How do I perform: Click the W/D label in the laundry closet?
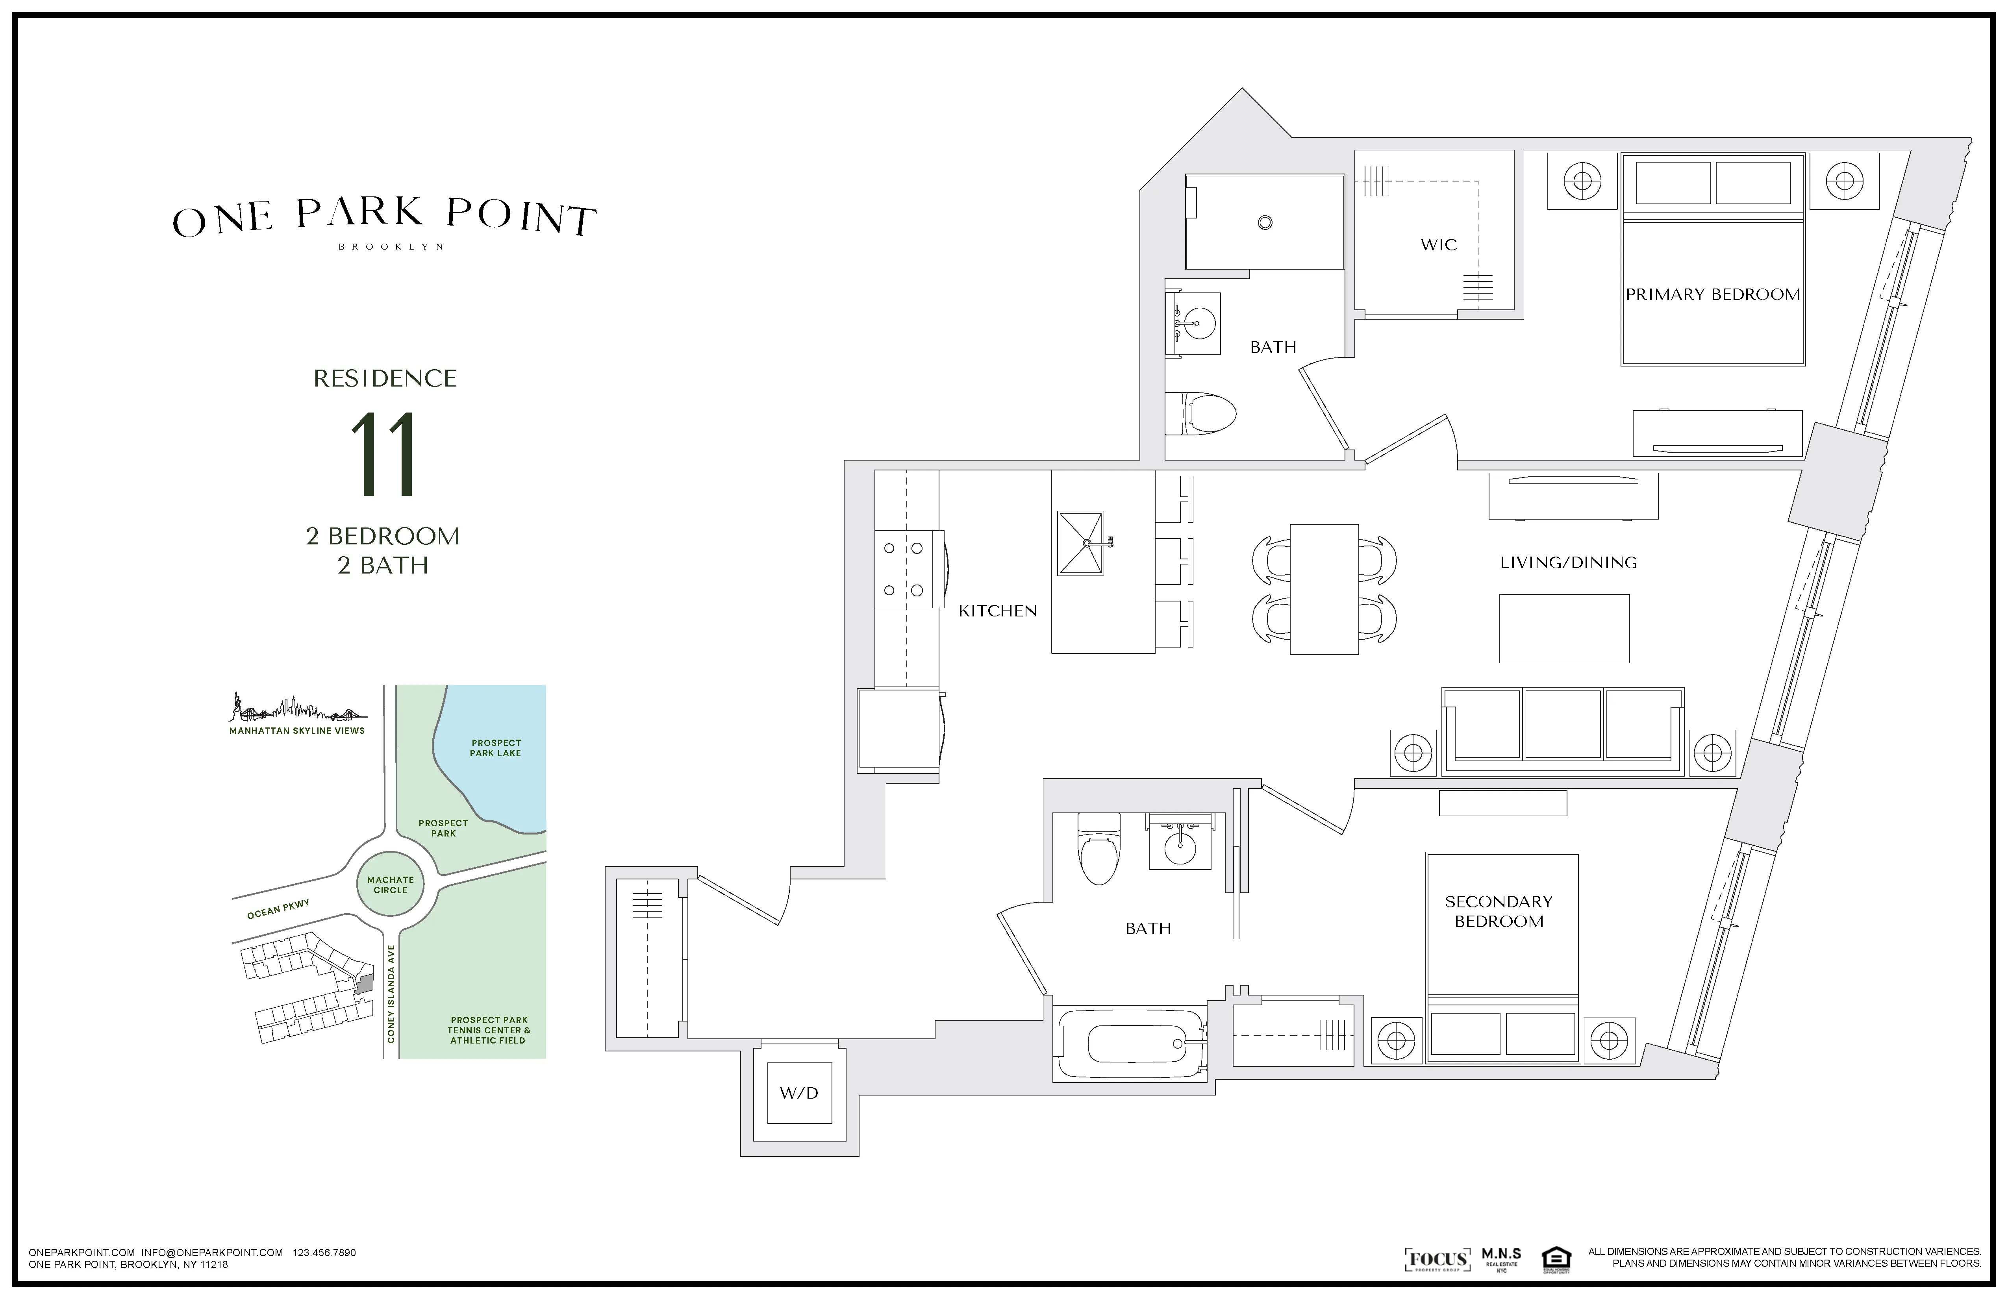pyautogui.click(x=798, y=1093)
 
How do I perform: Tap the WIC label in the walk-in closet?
pyautogui.click(x=1439, y=244)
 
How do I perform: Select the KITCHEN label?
pyautogui.click(x=997, y=611)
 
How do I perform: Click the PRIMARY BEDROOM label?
pyautogui.click(x=1713, y=294)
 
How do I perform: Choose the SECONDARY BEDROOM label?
pyautogui.click(x=1499, y=911)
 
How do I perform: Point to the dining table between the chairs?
pyautogui.click(x=1324, y=589)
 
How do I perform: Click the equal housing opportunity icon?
pyautogui.click(x=1555, y=1259)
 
